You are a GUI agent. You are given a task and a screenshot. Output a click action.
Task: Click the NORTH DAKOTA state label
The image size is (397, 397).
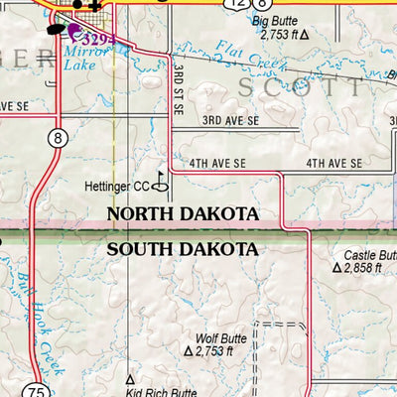[183, 214]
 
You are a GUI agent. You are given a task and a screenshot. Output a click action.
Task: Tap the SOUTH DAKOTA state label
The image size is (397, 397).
[183, 248]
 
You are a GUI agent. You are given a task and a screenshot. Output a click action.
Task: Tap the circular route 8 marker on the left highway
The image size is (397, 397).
[59, 139]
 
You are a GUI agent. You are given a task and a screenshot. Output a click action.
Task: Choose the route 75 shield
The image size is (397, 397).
[37, 390]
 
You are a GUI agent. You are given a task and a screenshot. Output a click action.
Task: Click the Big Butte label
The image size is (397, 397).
[274, 20]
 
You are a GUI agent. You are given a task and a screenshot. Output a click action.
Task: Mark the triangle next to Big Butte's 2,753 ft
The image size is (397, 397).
[304, 34]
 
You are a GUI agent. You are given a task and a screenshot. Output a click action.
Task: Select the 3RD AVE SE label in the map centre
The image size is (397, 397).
[230, 120]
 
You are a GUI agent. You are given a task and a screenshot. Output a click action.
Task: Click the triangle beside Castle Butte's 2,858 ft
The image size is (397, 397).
[337, 268]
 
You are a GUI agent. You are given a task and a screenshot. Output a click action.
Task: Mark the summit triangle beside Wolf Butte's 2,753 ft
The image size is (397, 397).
[188, 350]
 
